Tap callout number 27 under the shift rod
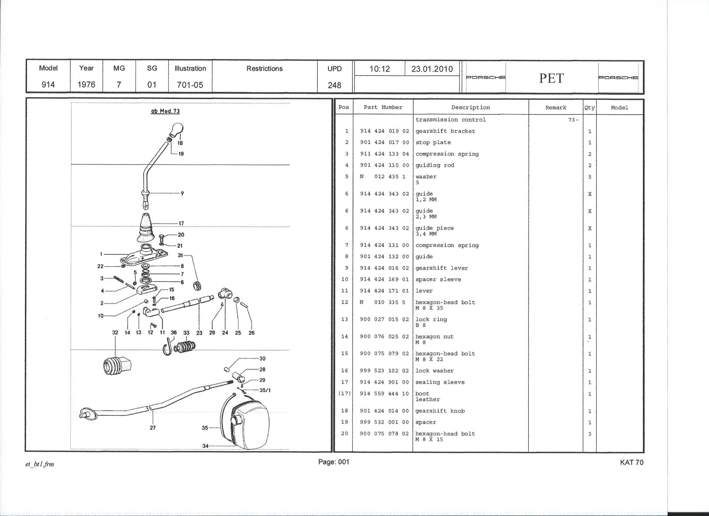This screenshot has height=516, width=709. click(153, 427)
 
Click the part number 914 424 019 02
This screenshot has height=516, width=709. click(384, 131)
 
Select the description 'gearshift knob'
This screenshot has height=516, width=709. click(440, 411)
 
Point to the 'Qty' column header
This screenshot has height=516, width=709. click(589, 108)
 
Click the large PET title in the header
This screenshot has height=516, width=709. click(551, 78)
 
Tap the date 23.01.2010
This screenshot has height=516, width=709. click(432, 69)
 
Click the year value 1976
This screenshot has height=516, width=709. click(86, 84)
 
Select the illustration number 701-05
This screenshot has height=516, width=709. click(190, 85)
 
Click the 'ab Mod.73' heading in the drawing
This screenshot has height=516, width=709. click(165, 111)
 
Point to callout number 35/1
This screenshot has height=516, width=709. click(265, 390)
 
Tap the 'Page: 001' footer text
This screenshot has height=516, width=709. click(334, 462)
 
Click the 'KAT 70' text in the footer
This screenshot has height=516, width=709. click(631, 462)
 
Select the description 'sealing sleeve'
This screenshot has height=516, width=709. click(440, 382)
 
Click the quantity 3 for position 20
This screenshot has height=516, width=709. click(590, 434)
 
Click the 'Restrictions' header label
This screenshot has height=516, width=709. click(264, 69)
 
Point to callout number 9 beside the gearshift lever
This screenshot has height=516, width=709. click(182, 193)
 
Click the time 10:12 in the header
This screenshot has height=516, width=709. click(379, 69)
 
